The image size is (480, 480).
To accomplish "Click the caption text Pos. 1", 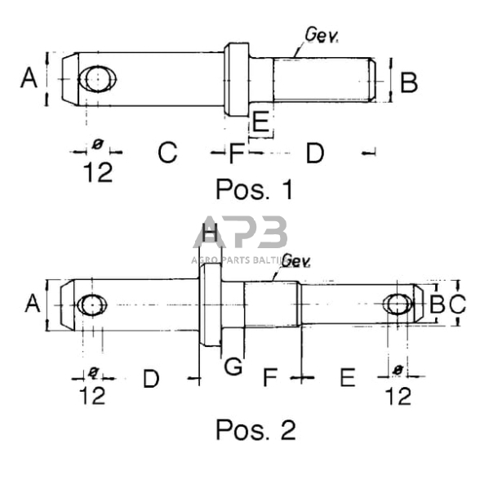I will click(x=254, y=189).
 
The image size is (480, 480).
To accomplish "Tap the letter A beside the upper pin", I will click(x=29, y=79).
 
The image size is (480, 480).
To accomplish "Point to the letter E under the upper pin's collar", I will click(x=260, y=123).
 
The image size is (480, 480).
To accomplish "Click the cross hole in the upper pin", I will click(x=97, y=79).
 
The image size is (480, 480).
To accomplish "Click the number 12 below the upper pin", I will click(x=97, y=173).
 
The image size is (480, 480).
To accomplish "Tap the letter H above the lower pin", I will click(x=210, y=234).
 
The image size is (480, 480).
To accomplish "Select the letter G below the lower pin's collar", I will click(x=234, y=367).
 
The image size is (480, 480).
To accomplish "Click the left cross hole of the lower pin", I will click(x=91, y=304).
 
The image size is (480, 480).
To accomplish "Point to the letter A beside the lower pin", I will click(x=33, y=304).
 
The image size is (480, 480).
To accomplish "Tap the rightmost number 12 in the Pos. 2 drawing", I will click(x=398, y=396).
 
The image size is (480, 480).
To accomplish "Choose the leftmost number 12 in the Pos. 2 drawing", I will click(x=94, y=396).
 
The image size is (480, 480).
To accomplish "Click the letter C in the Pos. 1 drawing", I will click(x=167, y=153).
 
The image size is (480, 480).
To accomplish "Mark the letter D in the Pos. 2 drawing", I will click(x=151, y=379).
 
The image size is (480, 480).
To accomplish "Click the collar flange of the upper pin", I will click(x=237, y=79).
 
